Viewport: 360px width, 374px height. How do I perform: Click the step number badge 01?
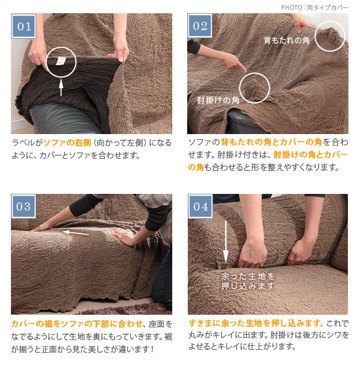[x=24, y=26]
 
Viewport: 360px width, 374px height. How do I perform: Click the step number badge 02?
[x=200, y=26]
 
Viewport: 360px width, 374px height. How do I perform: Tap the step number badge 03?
[x=24, y=206]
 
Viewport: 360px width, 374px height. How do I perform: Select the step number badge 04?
[x=200, y=207]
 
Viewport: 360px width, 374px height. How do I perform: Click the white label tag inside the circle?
[x=60, y=61]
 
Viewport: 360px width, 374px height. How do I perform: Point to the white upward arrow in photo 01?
[x=61, y=87]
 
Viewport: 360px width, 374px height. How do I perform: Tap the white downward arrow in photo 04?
[x=226, y=242]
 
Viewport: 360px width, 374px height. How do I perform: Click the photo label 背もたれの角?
[x=286, y=40]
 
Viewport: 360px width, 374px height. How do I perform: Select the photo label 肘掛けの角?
[x=218, y=100]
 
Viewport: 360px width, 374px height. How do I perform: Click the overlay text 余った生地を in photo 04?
[x=248, y=276]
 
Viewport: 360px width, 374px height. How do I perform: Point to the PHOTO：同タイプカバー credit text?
[x=314, y=7]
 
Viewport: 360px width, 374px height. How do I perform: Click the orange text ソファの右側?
[x=67, y=143]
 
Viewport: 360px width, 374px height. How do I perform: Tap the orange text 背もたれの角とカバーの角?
[x=271, y=142]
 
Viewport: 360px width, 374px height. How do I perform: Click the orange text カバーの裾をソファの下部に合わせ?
[x=77, y=324]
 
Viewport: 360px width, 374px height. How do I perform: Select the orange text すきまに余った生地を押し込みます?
[x=255, y=323]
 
